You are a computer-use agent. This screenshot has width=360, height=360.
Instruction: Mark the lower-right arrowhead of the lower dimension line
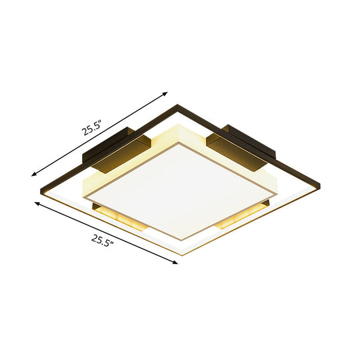pyautogui.click(x=177, y=264)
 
